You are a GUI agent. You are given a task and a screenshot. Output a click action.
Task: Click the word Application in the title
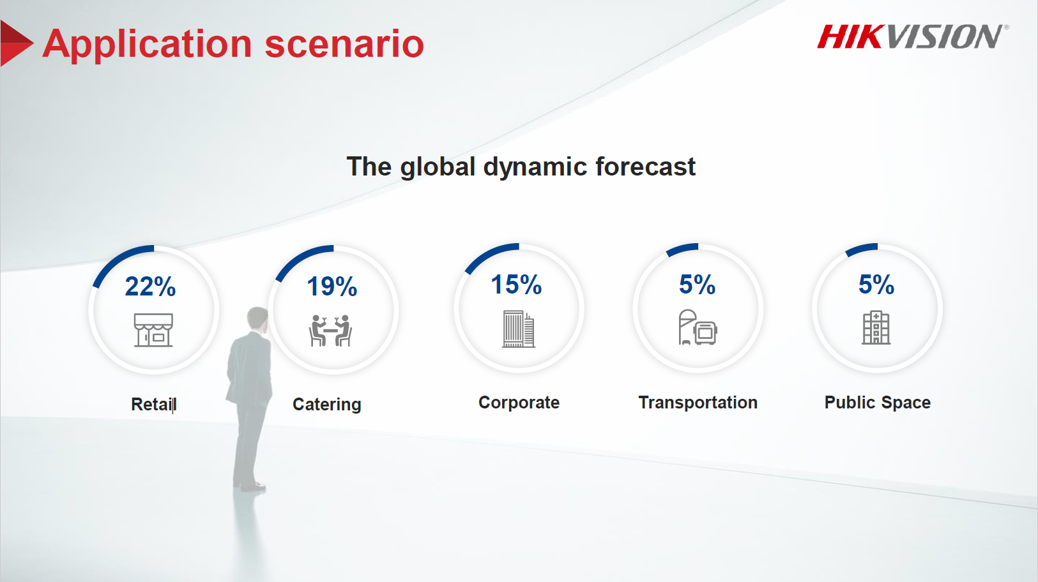(x=148, y=45)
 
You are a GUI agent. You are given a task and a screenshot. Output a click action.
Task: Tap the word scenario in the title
(x=344, y=45)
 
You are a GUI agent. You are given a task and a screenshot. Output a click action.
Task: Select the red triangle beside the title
(x=16, y=43)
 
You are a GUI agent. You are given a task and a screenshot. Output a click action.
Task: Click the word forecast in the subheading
(x=645, y=166)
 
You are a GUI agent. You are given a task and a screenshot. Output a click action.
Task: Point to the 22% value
(x=150, y=286)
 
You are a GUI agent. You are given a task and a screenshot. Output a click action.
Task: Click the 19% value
(x=332, y=286)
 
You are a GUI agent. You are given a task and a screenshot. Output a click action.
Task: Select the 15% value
(x=516, y=284)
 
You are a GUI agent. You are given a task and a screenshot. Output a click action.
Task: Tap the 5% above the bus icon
(x=697, y=284)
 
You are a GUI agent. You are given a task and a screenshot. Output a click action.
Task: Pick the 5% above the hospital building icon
(x=876, y=284)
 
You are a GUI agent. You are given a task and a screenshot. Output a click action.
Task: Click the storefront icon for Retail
(x=153, y=330)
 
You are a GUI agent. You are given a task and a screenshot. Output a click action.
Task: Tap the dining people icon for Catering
(x=330, y=331)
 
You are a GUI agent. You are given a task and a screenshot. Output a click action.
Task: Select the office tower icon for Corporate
(x=519, y=329)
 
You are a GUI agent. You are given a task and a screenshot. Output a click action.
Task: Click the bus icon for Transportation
(x=698, y=327)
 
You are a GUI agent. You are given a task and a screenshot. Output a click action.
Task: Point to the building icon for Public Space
(x=876, y=327)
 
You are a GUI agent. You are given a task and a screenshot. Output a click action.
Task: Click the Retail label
(x=153, y=404)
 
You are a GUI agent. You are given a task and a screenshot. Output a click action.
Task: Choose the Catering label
(x=326, y=405)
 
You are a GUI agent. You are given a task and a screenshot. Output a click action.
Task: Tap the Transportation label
(x=698, y=402)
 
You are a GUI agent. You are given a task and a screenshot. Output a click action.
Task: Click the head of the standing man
(x=257, y=318)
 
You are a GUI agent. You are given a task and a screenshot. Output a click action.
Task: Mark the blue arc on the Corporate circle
(x=487, y=253)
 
